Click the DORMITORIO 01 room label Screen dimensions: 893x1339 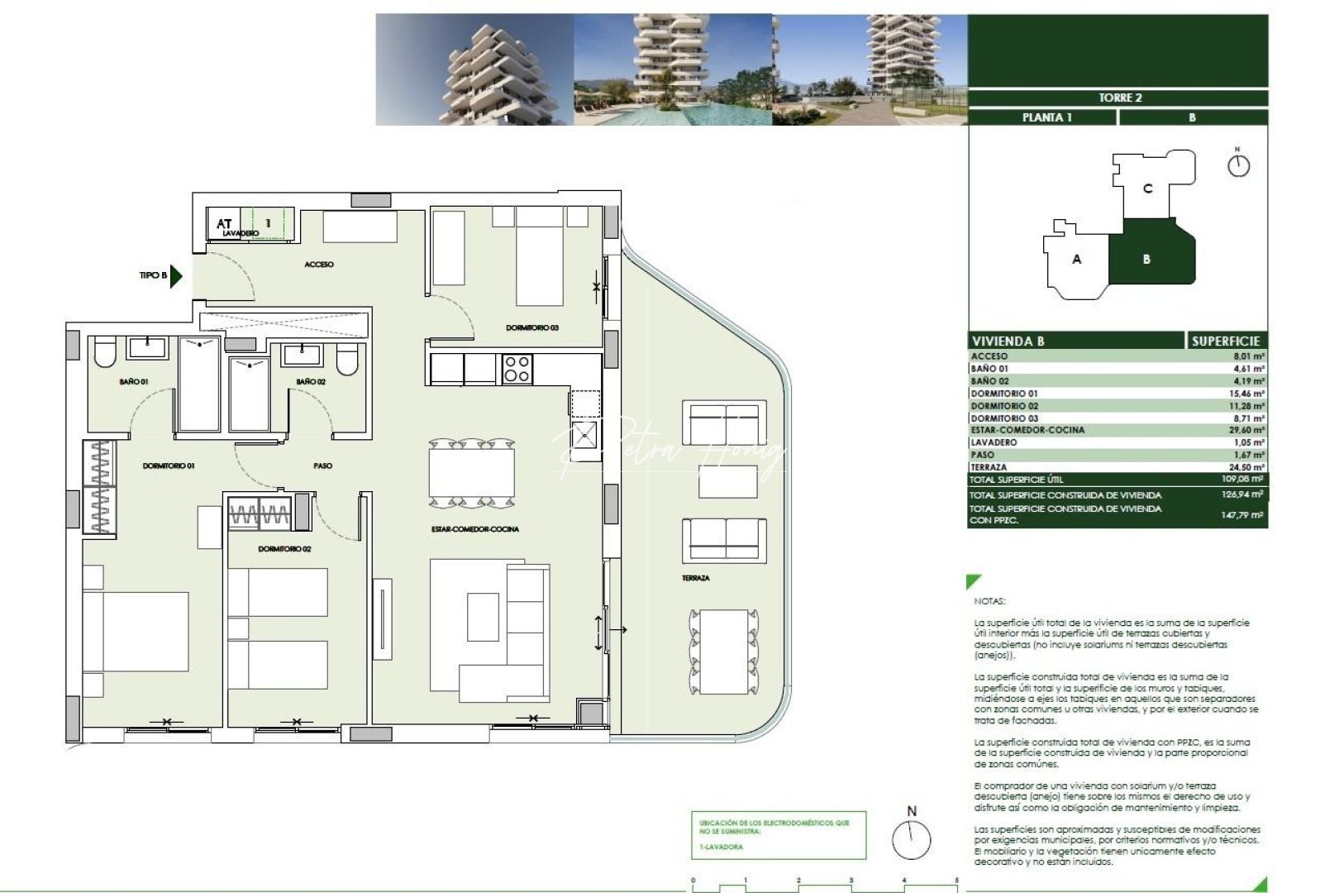coord(169,466)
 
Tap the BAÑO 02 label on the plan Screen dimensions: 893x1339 coord(311,382)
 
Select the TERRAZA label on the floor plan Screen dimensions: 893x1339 coord(695,578)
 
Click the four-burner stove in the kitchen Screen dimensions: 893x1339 coord(517,369)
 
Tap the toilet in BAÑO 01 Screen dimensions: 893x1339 coord(105,353)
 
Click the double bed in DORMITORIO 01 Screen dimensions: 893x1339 coord(136,631)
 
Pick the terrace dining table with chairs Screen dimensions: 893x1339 coord(723,652)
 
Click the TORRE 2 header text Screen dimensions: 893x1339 coord(1119,98)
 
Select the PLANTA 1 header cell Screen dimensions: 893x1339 coord(1046,117)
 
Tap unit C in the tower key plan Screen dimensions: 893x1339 coord(1146,189)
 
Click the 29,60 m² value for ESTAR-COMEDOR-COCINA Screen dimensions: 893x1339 coord(1247,430)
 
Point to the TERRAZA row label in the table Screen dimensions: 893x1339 coord(989,467)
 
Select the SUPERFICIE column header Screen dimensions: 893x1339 coord(1225,341)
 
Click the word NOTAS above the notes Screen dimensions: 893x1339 coord(989,601)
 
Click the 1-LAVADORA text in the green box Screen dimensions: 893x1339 coord(721,847)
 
